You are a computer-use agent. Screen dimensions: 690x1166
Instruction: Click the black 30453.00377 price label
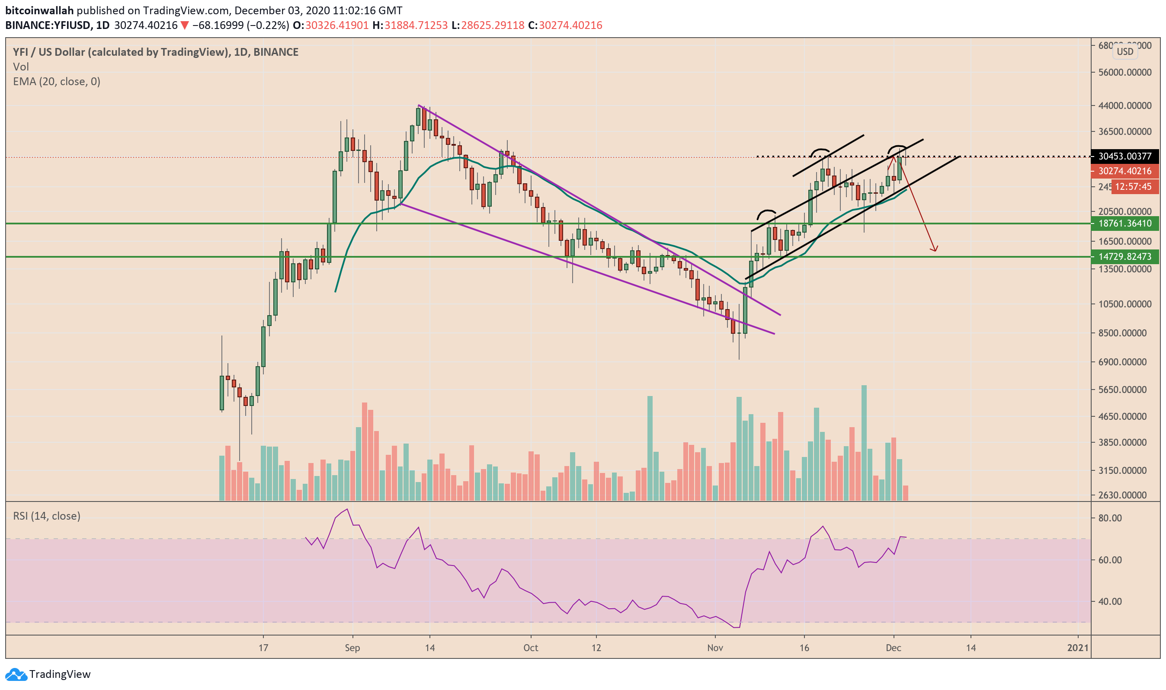(x=1124, y=156)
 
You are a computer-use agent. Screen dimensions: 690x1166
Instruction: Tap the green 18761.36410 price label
(x=1124, y=224)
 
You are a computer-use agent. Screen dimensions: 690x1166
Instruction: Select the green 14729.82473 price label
(x=1124, y=257)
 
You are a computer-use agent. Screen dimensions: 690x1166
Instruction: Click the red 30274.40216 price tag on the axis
(x=1124, y=171)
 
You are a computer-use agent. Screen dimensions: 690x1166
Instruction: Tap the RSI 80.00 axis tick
(x=1110, y=518)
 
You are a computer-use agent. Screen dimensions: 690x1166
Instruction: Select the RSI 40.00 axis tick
(x=1110, y=602)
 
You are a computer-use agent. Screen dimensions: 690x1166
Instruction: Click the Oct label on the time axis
(x=531, y=648)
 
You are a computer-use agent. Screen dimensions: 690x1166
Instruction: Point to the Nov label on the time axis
(x=715, y=648)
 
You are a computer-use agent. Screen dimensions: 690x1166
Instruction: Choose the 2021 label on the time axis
(x=1077, y=648)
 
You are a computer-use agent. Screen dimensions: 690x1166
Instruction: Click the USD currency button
(x=1124, y=51)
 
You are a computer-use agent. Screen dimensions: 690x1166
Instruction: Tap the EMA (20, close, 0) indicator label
(x=57, y=82)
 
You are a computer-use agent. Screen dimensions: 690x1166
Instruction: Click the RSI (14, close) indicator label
(x=47, y=516)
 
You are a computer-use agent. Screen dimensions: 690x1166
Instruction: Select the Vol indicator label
(x=21, y=67)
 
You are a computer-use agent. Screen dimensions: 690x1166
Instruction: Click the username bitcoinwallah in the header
(x=39, y=10)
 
